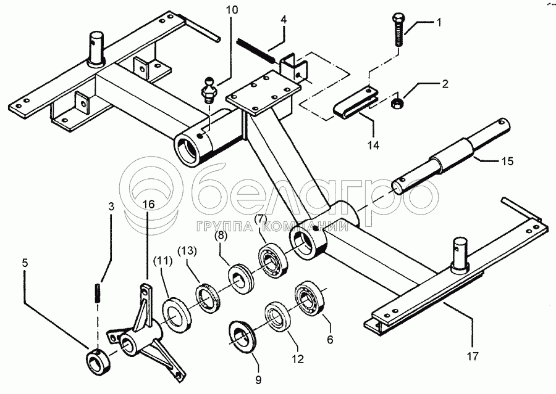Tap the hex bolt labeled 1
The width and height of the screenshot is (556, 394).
pyautogui.click(x=399, y=30)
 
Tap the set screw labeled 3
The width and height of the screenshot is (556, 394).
pyautogui.click(x=97, y=292)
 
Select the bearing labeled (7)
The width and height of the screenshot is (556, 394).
pyautogui.click(x=272, y=260)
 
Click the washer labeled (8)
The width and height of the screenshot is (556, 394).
pyautogui.click(x=240, y=278)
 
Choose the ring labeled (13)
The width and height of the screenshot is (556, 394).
pyautogui.click(x=209, y=297)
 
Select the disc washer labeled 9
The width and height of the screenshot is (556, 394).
pyautogui.click(x=243, y=335)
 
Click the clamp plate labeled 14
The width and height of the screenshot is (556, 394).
pyautogui.click(x=356, y=102)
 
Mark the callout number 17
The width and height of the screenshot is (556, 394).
pyautogui.click(x=473, y=356)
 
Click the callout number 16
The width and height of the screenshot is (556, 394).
pyautogui.click(x=149, y=204)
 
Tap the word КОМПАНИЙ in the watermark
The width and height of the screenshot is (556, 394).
pyautogui.click(x=306, y=226)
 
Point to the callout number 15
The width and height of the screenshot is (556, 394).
pyautogui.click(x=508, y=161)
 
